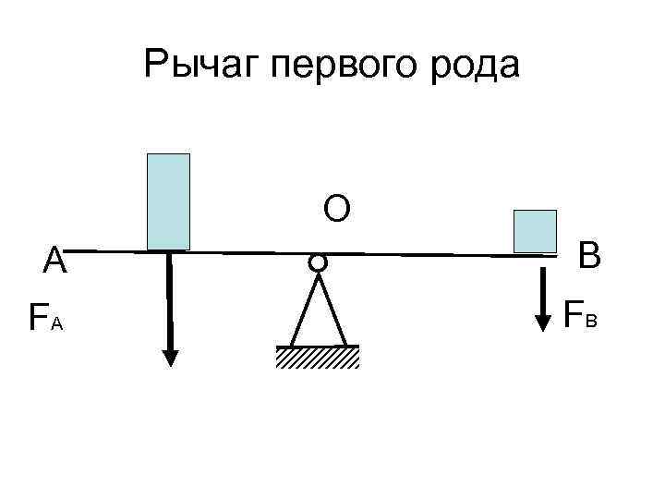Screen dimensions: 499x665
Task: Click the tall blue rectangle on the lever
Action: point(168,201)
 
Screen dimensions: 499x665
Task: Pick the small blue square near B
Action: point(535,231)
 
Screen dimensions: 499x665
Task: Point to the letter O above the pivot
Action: point(336,210)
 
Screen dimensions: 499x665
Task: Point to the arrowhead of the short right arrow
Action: point(542,323)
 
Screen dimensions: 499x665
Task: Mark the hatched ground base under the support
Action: point(317,358)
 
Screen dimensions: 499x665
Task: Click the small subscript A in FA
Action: point(56,323)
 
